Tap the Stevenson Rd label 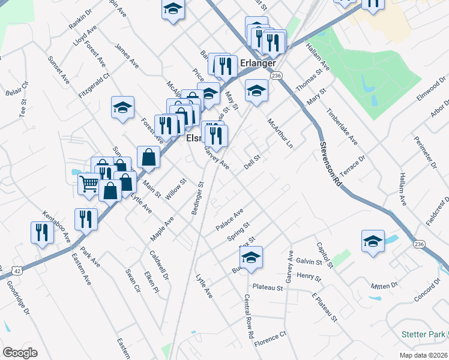[x=330, y=164]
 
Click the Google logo [x=20, y=352]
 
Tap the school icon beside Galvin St [x=251, y=258]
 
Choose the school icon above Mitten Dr [x=373, y=241]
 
